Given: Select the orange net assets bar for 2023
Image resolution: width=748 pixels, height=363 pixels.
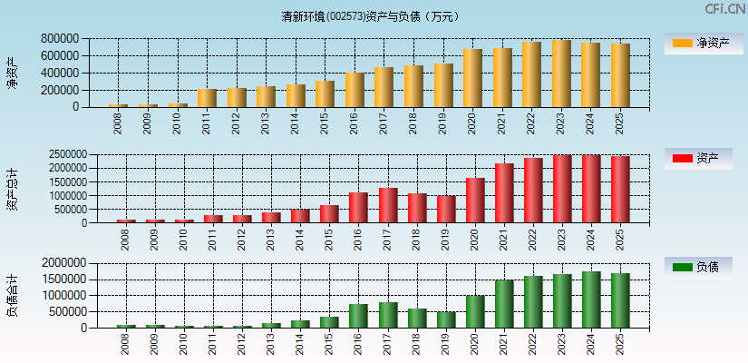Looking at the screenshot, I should (561, 74).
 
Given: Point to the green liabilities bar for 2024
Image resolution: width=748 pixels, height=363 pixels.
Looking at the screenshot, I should (591, 299).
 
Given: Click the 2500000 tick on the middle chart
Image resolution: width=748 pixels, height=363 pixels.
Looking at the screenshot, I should (63, 155).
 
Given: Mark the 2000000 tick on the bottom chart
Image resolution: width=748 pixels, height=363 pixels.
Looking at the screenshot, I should (63, 263).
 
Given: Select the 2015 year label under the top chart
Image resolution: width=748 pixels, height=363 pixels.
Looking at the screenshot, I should (325, 123).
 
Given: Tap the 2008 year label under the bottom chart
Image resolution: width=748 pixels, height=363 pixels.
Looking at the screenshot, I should (124, 344).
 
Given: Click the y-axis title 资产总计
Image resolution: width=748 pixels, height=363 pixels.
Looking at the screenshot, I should (12, 189).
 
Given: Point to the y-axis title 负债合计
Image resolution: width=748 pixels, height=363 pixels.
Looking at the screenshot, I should (12, 295).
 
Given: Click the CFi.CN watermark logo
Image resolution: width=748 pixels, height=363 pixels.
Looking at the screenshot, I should (724, 9).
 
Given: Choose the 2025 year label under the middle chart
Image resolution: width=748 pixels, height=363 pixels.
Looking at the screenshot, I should (620, 240).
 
